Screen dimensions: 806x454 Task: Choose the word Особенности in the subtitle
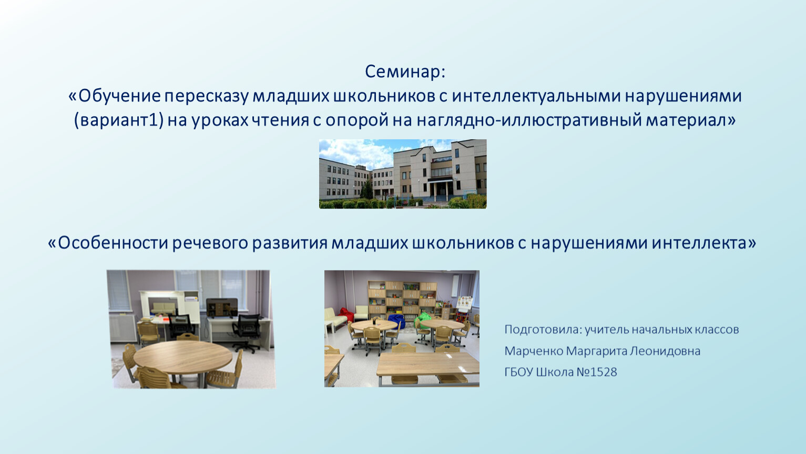(113, 243)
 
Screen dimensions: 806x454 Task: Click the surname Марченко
(534, 351)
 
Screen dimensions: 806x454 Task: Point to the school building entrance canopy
(440, 180)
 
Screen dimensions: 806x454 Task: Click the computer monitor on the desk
(222, 307)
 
